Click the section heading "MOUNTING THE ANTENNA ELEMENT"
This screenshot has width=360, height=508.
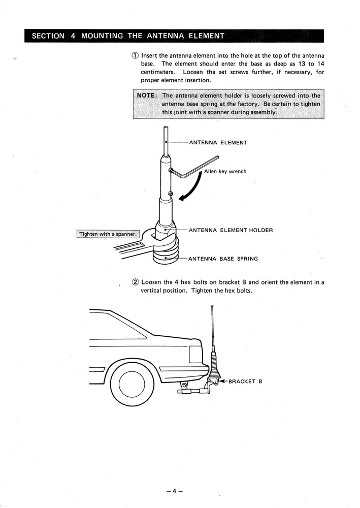tap(152, 36)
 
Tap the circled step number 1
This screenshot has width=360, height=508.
tap(135, 55)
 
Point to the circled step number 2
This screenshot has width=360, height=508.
tap(135, 282)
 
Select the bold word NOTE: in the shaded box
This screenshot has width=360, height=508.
tap(148, 96)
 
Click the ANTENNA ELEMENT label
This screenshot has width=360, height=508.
tap(218, 143)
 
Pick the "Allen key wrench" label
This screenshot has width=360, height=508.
tap(225, 172)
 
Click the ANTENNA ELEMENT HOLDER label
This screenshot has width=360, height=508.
tap(231, 230)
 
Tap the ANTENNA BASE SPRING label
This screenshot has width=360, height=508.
tap(223, 259)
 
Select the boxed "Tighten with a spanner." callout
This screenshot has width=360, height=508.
tap(108, 234)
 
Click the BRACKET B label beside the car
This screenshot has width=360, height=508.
tap(245, 382)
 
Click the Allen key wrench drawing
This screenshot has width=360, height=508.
tap(195, 168)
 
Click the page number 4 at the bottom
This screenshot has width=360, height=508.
tap(174, 491)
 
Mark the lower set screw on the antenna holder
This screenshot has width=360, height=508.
tap(170, 194)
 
